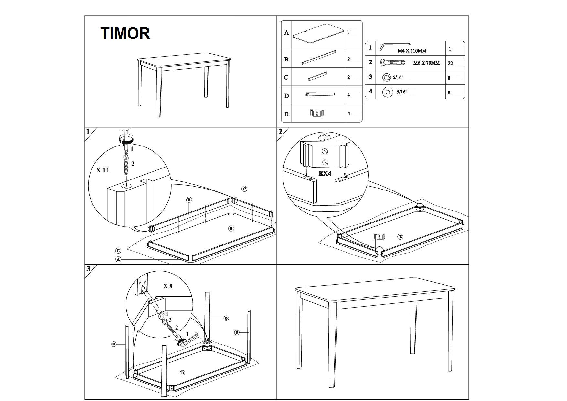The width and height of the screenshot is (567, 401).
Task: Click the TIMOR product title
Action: point(125,33)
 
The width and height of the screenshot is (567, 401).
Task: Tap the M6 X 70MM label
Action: point(426,63)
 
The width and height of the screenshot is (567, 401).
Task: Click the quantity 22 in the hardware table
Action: point(450,64)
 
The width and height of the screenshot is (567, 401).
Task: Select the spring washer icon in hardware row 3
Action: point(387,78)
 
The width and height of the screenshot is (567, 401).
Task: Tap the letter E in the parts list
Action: point(286,114)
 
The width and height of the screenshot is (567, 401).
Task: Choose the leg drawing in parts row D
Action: point(320,95)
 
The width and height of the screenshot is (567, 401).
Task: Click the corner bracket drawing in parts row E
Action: point(317,113)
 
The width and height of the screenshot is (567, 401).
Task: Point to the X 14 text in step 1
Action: point(102,170)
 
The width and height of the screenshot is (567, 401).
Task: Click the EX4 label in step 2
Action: point(325,173)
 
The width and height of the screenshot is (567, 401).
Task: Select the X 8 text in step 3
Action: point(168,286)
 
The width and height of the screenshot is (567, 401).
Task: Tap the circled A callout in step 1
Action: point(118,259)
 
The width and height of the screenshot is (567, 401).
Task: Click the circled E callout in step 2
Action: point(400,237)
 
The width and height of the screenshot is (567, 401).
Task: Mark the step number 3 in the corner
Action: point(88,268)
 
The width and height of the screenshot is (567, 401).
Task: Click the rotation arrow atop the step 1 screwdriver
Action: point(126,140)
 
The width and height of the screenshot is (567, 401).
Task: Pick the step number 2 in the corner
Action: point(280,131)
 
